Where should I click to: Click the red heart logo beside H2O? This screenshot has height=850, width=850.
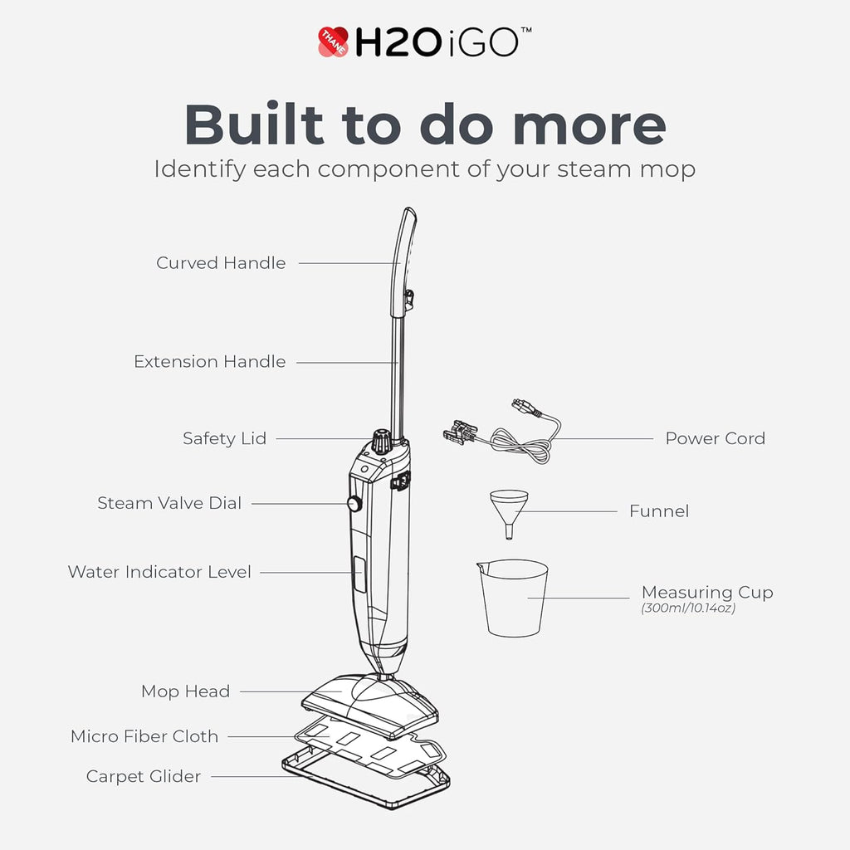pos(333,42)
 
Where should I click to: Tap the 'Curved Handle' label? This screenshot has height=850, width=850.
pos(221,263)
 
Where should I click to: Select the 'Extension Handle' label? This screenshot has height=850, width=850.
pos(209,362)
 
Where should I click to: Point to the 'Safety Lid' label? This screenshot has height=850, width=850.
pos(224,438)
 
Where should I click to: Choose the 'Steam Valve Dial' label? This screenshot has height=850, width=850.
pos(169,503)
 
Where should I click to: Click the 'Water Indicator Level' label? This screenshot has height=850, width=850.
pos(159,572)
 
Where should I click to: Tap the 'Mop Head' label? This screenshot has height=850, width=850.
pos(185,691)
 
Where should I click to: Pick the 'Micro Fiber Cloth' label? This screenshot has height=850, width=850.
pos(144,736)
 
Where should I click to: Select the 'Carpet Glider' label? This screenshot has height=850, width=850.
pos(144,777)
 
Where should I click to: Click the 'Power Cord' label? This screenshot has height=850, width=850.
pos(715,438)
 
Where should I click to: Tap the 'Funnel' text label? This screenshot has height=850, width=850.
pos(659,511)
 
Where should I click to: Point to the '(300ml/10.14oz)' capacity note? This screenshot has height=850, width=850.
pos(688,608)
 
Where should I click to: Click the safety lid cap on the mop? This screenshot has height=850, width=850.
pos(381,440)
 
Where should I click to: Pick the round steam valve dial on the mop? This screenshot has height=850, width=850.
pos(354,503)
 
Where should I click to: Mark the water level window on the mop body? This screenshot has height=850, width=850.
pos(359,574)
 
